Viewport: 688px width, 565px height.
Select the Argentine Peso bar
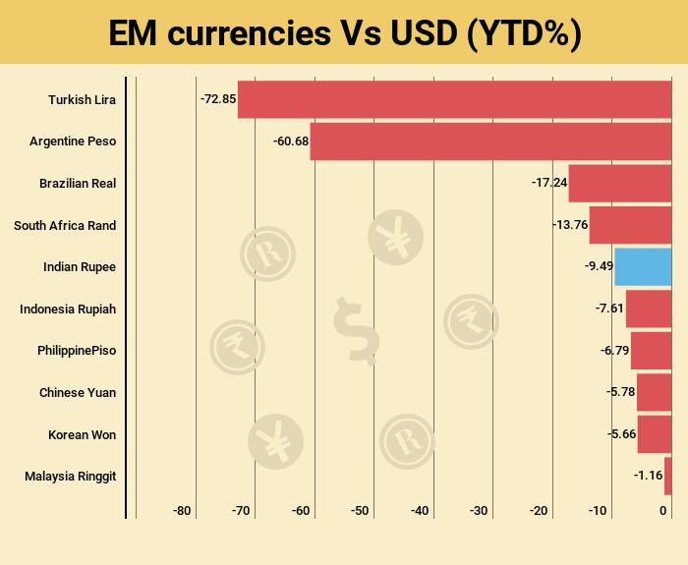click(490, 141)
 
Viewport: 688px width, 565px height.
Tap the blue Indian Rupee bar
click(643, 267)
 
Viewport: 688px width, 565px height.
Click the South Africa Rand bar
click(630, 225)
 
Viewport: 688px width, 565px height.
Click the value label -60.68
click(291, 141)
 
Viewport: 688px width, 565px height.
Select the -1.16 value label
click(649, 476)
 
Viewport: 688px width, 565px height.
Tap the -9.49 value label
click(599, 267)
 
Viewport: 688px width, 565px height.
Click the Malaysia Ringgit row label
click(70, 476)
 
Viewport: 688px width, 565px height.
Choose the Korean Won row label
click(82, 434)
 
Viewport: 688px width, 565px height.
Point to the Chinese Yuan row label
click(78, 392)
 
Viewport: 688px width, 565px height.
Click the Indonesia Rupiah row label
click(68, 309)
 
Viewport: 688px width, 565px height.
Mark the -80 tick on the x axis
click(182, 511)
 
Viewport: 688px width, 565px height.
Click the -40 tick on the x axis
click(420, 511)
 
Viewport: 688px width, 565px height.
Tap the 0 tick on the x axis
click(663, 511)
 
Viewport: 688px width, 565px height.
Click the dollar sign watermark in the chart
click(355, 330)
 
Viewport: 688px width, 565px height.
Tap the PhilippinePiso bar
click(651, 351)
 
